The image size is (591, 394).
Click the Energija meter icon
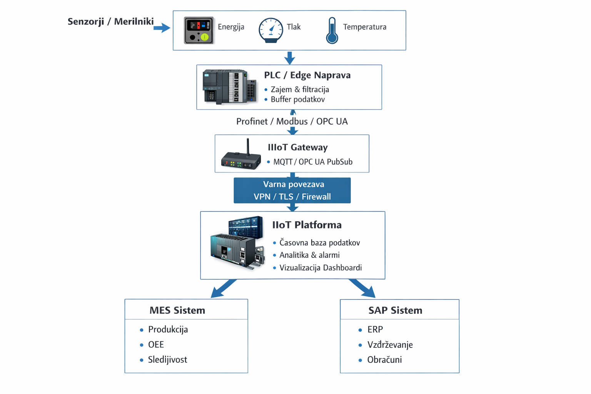(x=199, y=30)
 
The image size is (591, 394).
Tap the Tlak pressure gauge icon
(x=271, y=30)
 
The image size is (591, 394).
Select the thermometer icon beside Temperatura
(x=332, y=30)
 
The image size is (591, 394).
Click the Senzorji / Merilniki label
(x=110, y=22)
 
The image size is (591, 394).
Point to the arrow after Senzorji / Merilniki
(x=162, y=28)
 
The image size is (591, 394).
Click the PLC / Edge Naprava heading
(x=307, y=75)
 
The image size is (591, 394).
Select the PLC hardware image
(x=229, y=87)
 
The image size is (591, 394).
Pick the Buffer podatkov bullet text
(x=297, y=100)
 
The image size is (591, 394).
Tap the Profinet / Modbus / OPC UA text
(x=292, y=122)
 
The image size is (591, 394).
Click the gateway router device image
(x=241, y=156)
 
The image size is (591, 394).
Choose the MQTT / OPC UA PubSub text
(x=312, y=162)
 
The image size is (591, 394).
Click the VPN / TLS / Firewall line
(x=292, y=197)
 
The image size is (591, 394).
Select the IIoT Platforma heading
(x=307, y=225)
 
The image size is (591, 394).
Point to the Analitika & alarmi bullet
(x=309, y=255)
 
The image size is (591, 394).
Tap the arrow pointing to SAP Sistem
(x=362, y=289)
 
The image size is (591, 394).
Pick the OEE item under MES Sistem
(x=156, y=345)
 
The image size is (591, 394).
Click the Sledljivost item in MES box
(x=167, y=360)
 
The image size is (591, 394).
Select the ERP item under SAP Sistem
(x=375, y=330)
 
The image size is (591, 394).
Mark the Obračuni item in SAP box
(x=384, y=360)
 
